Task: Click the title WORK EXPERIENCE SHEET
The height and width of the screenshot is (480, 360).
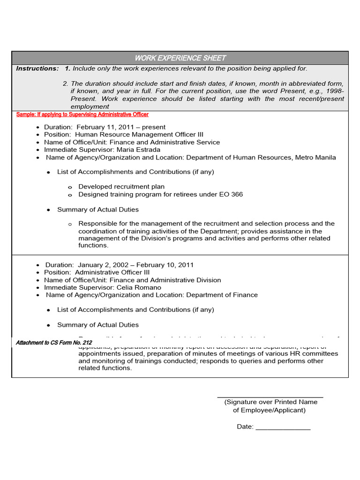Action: [x=180, y=58]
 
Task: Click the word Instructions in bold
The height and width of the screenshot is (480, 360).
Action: [x=37, y=68]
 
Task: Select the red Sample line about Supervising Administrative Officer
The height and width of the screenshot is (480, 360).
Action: [x=82, y=114]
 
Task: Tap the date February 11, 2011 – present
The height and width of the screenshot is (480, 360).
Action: [x=121, y=127]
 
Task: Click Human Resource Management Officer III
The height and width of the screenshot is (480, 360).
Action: [x=139, y=135]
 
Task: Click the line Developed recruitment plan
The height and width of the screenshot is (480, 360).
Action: [x=121, y=187]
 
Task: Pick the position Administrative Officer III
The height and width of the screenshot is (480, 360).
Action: [x=112, y=272]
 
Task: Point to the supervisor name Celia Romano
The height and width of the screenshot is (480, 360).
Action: [x=139, y=287]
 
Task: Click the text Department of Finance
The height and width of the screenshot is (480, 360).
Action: [x=222, y=295]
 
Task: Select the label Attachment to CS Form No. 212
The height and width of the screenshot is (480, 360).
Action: [x=54, y=343]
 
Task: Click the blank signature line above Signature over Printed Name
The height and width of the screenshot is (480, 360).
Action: [x=270, y=397]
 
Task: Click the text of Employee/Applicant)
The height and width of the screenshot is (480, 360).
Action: [x=269, y=410]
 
